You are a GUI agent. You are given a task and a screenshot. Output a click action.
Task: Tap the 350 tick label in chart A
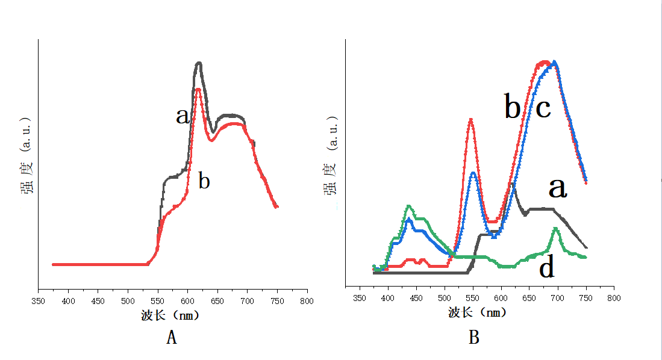click(x=39, y=300)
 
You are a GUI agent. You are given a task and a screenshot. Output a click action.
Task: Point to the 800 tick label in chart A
click(x=307, y=300)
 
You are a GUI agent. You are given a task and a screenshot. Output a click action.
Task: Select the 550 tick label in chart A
click(x=158, y=300)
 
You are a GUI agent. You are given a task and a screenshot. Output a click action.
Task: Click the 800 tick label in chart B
click(x=614, y=297)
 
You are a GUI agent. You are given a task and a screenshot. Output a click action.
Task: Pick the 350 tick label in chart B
click(x=360, y=297)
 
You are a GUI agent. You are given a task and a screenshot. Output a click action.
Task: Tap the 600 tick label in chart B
click(x=501, y=297)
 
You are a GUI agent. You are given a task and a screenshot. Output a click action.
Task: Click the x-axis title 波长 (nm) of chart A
click(x=170, y=315)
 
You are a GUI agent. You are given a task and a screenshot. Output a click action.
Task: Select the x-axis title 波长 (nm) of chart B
click(x=478, y=312)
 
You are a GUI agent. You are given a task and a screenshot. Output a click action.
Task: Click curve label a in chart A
click(x=183, y=116)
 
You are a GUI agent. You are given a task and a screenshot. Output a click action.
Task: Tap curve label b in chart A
click(x=204, y=181)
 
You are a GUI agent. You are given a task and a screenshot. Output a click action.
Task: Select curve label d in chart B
click(x=546, y=268)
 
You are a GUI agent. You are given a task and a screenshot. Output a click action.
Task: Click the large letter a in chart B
click(x=558, y=188)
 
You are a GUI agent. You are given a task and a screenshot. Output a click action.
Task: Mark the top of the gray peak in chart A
click(x=199, y=63)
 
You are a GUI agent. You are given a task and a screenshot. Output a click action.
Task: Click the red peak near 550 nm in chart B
click(x=470, y=120)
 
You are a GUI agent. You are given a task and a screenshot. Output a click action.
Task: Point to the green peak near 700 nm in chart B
click(x=555, y=229)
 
